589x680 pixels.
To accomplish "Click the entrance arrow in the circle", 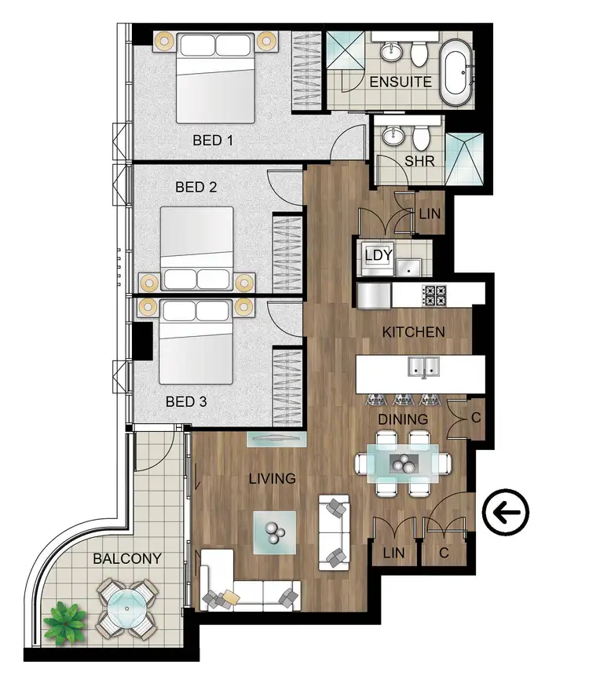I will click(x=507, y=514).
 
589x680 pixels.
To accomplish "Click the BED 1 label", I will click(x=214, y=141).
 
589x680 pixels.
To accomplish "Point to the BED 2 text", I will click(x=196, y=188).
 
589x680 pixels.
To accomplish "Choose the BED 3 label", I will click(x=186, y=401).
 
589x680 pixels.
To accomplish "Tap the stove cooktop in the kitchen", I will click(x=435, y=295).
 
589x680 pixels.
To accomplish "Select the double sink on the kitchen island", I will click(x=423, y=366).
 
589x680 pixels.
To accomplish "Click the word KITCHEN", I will click(x=413, y=332).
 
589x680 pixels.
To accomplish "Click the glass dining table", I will click(x=404, y=464).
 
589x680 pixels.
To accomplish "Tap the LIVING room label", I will click(x=272, y=478).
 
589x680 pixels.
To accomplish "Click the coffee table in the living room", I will click(x=274, y=534).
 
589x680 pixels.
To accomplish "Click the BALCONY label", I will click(x=127, y=559).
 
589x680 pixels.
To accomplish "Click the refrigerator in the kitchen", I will click(x=374, y=295).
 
